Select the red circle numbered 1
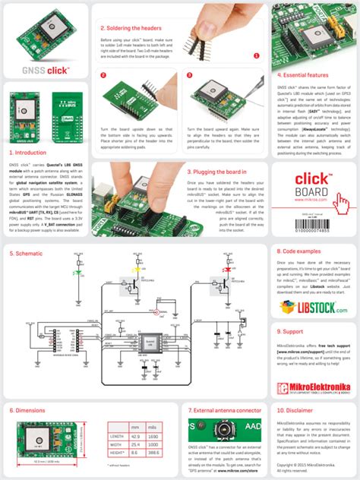coord(256,55)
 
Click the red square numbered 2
coord(103,75)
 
